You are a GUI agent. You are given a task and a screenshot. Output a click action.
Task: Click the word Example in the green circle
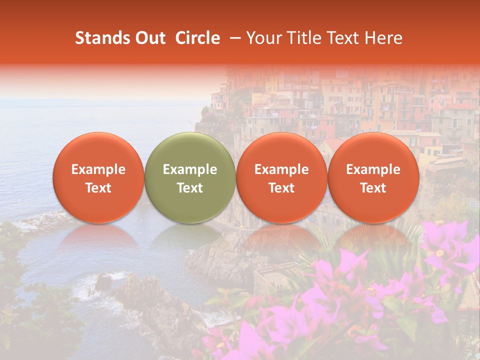190,169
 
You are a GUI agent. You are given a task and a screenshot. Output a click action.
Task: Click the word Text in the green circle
190,188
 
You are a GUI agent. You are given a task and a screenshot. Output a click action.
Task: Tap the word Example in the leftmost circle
98,169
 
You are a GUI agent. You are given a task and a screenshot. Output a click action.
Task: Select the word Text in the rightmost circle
373,188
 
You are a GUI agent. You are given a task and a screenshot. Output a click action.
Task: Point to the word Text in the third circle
281,188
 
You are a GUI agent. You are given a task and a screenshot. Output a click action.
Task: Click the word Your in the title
263,38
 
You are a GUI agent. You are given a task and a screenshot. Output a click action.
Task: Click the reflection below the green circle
190,240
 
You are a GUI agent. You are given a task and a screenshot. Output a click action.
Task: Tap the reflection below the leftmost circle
98,240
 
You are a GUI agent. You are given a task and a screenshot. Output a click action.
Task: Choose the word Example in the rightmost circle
373,169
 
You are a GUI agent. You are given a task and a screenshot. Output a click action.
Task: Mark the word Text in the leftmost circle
98,188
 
